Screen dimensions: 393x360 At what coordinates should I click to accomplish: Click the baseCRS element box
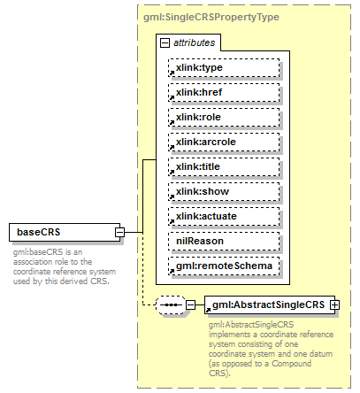tap(62, 233)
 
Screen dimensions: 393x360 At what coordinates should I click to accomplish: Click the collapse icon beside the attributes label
tap(165, 42)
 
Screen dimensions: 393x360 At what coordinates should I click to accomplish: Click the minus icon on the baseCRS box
tap(119, 233)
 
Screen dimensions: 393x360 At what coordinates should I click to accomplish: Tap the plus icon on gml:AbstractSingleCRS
tap(335, 305)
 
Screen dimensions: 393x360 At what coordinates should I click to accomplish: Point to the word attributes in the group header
tap(192, 42)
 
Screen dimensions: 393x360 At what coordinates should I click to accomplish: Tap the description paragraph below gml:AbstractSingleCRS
tap(265, 349)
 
